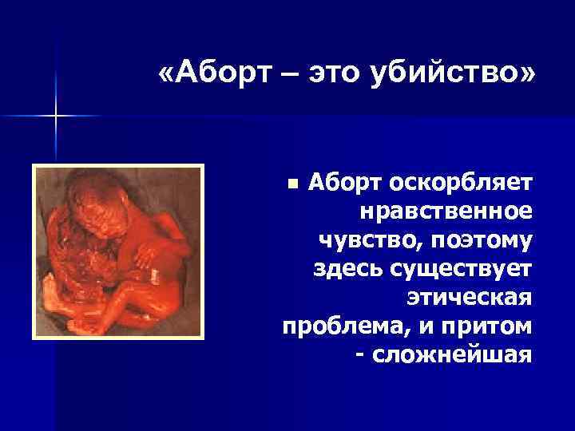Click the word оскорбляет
coord(461,184)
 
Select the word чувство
coord(360,239)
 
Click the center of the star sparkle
coord(56,117)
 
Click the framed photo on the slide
coord(117,251)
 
